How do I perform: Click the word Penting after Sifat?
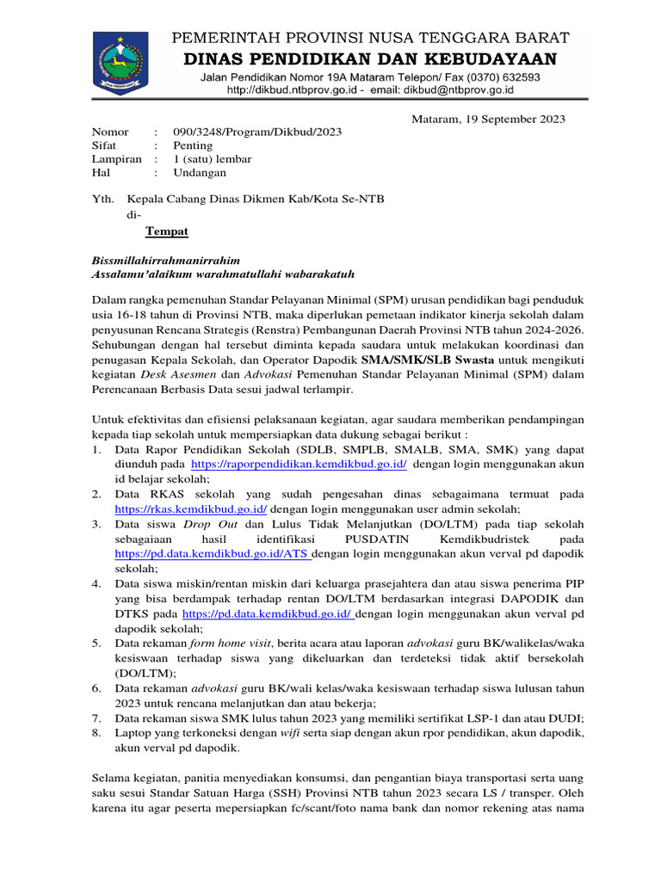[192, 145]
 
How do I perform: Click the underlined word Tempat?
[166, 231]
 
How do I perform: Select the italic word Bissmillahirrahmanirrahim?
[165, 259]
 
